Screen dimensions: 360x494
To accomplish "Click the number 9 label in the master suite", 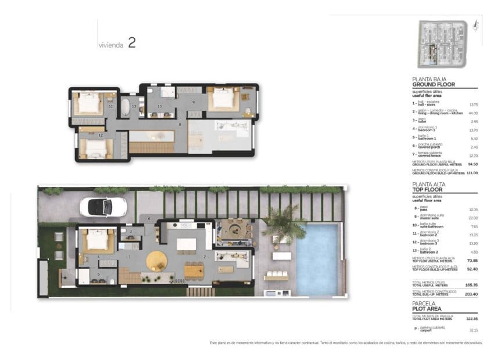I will click(194, 102).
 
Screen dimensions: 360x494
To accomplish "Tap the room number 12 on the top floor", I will click(101, 135).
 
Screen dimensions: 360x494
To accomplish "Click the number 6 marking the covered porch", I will click(149, 218).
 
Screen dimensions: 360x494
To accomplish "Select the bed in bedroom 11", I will click(90, 104).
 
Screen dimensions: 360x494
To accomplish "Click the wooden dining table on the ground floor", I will click(194, 270).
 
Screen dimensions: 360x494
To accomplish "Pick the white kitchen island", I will click(186, 244).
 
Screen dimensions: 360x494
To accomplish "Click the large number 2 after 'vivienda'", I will click(132, 43).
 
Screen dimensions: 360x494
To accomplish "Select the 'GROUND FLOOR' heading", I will click(433, 84).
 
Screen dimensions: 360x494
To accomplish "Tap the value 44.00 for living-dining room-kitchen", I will click(473, 113).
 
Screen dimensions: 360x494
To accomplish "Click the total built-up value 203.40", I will click(471, 294).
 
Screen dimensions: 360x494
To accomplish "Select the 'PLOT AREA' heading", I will click(429, 308).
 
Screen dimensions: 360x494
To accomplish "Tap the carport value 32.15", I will click(473, 330).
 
